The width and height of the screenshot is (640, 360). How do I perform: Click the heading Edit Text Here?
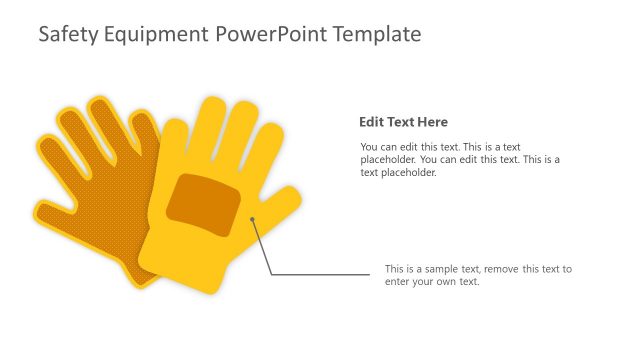(x=403, y=123)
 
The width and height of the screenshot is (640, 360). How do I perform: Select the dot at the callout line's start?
(x=253, y=219)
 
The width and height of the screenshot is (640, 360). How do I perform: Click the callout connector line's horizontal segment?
(x=320, y=274)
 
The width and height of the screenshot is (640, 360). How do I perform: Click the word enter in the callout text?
(x=398, y=282)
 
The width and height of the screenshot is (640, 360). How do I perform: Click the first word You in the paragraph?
(x=369, y=146)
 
